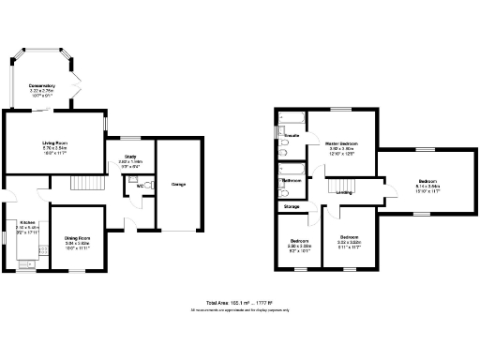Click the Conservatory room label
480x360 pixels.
pos(41,85)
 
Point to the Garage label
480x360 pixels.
pos(178,184)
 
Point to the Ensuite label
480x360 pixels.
pos(292,136)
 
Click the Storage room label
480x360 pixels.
pos(292,206)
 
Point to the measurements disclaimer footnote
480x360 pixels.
pos(240,310)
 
